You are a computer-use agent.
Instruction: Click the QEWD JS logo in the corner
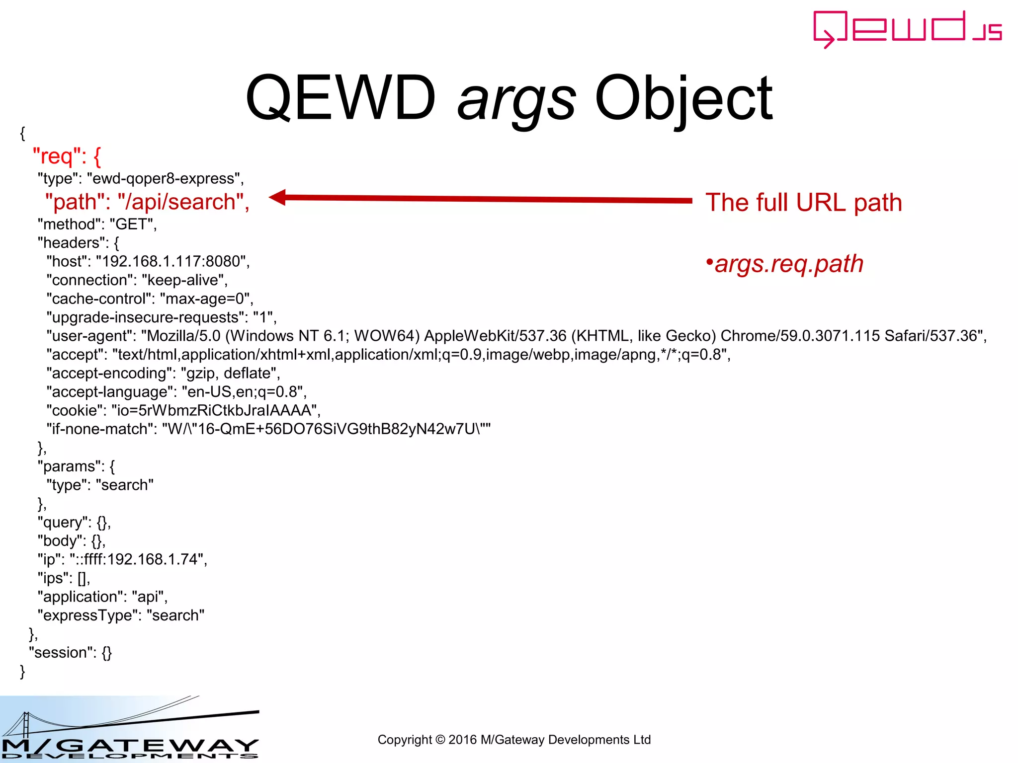click(907, 29)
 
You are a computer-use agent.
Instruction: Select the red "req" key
click(53, 156)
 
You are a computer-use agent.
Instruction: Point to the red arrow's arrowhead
click(277, 197)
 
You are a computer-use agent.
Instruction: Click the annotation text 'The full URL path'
click(803, 203)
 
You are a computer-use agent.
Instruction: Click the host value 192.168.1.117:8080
click(172, 261)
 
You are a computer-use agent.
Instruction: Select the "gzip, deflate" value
click(230, 373)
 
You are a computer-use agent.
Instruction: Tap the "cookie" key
click(74, 410)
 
